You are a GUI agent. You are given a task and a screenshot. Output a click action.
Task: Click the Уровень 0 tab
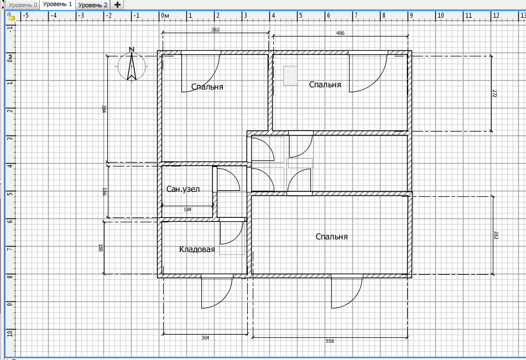(23, 5)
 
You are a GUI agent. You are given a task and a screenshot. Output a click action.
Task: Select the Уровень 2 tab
(92, 5)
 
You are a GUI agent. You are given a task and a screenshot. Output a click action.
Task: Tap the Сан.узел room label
(183, 189)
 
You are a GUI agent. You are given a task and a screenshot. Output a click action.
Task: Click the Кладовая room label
(197, 249)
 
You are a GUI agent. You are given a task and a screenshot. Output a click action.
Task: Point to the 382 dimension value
(215, 29)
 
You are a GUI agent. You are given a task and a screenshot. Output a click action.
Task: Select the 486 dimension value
(340, 33)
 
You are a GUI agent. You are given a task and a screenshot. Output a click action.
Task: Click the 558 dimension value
(330, 341)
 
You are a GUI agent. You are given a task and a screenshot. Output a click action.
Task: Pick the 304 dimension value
(205, 337)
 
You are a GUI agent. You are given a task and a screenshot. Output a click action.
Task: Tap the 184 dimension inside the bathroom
(188, 210)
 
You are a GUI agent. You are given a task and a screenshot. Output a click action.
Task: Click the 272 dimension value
(494, 93)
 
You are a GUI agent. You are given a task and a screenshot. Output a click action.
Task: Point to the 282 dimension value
(496, 235)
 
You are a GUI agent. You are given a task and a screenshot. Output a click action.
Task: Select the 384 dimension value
(104, 109)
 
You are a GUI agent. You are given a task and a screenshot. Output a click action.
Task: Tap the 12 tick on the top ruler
(496, 15)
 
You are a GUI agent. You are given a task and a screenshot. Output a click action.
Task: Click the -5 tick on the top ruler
(25, 15)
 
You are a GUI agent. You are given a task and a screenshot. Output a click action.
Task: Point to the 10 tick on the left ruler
(10, 333)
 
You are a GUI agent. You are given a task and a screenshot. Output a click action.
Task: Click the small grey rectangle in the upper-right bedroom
(290, 76)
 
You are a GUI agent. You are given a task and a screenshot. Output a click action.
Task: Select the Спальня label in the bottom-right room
(331, 237)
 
